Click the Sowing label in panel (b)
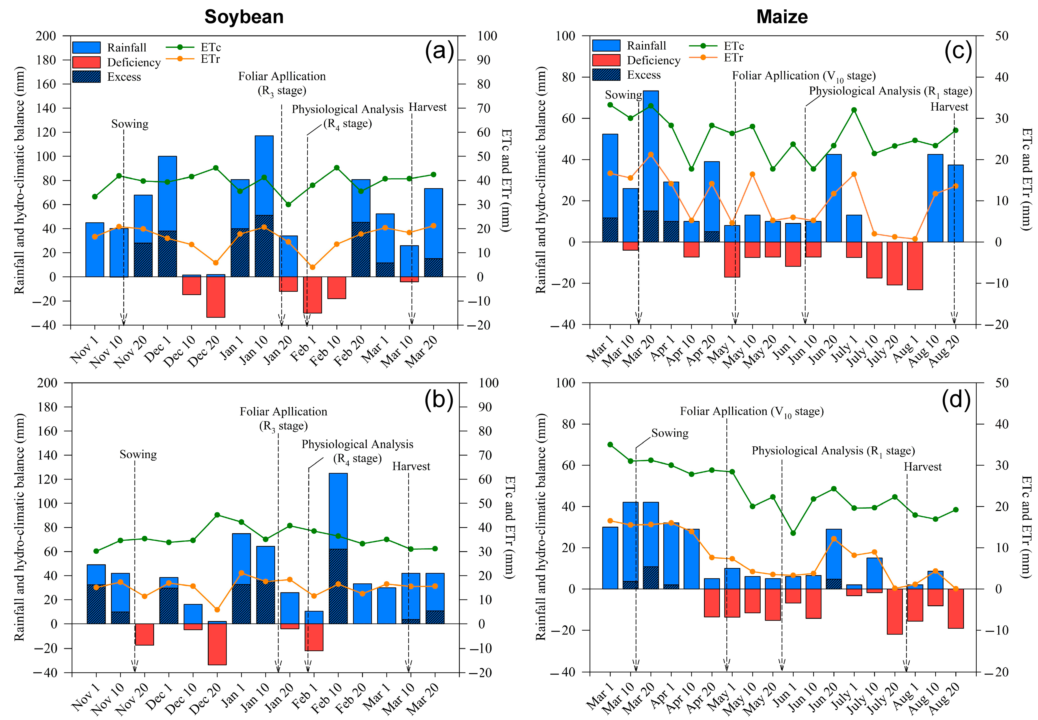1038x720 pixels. pos(138,454)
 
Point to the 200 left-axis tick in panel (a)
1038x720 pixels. pos(46,36)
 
